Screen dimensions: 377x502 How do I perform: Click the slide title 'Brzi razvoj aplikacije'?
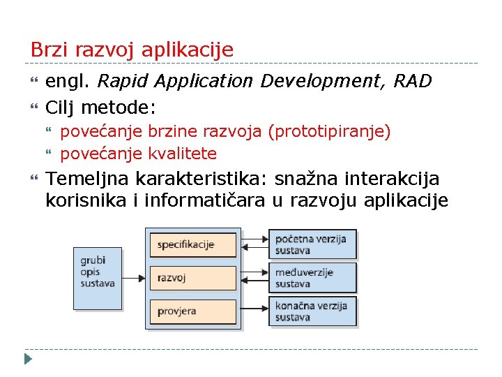[x=132, y=50]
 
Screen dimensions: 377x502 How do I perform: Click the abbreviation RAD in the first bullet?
[x=413, y=82]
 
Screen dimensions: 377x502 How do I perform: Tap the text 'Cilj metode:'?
[x=100, y=108]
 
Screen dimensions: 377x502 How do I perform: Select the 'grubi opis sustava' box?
[x=98, y=278]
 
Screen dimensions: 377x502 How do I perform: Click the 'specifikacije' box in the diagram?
[x=192, y=244]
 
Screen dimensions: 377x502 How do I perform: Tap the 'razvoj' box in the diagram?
[x=192, y=278]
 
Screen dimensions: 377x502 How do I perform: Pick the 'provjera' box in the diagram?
[x=192, y=311]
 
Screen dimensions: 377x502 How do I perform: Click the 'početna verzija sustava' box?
[x=312, y=244]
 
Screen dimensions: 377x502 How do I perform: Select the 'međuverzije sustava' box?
[x=312, y=278]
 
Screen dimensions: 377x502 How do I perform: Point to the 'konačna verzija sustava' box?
[x=312, y=311]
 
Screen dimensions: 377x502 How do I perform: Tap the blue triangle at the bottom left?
[x=28, y=360]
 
